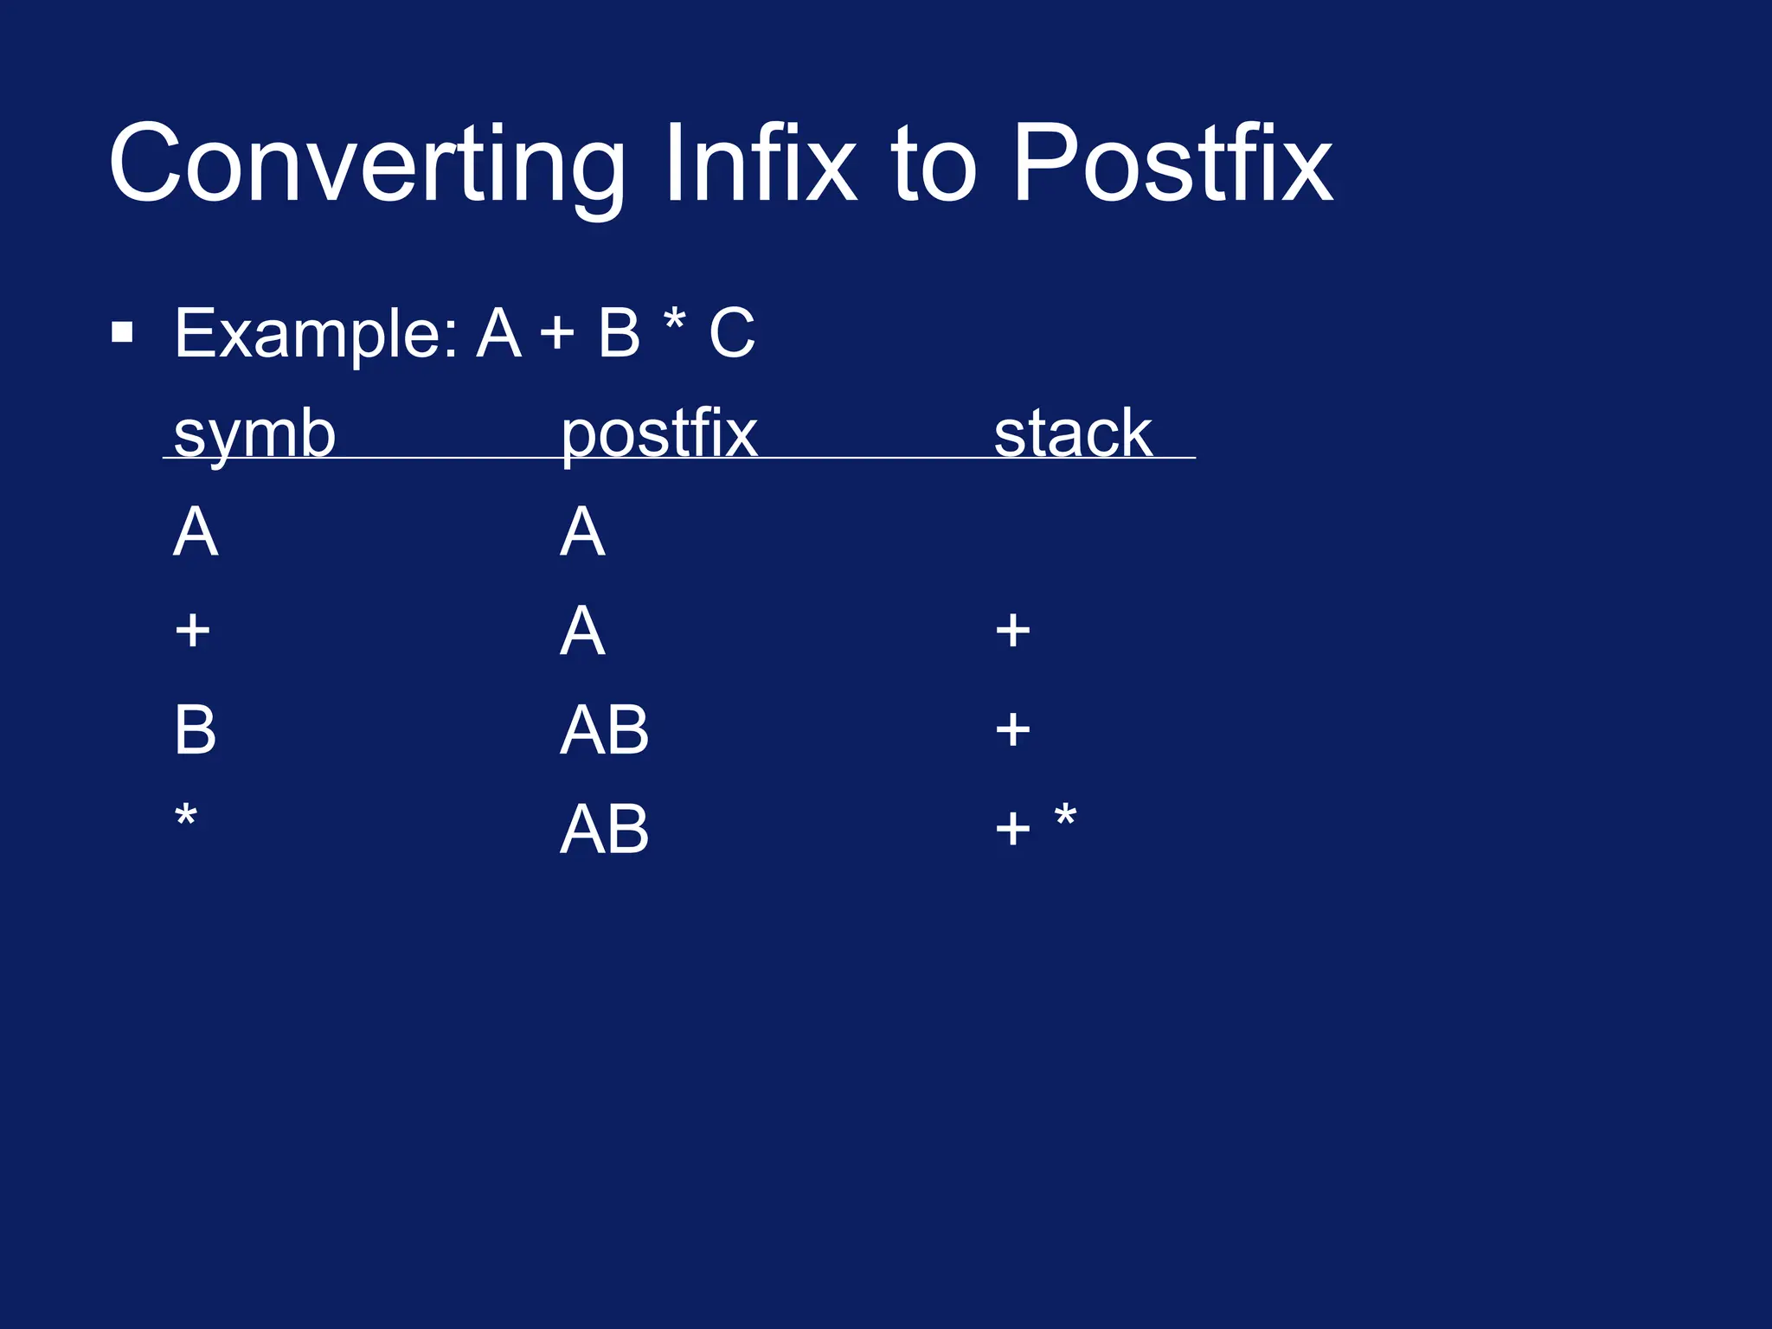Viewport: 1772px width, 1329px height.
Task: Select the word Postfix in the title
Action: click(x=1172, y=164)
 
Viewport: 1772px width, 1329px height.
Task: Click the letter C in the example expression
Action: click(x=732, y=333)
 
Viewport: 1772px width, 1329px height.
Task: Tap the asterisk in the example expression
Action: click(x=674, y=322)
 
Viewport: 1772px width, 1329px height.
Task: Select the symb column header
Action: click(x=254, y=434)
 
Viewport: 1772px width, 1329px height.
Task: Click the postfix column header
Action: click(x=659, y=434)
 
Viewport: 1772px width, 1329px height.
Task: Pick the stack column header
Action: click(x=1073, y=434)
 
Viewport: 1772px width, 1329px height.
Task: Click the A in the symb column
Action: click(x=196, y=532)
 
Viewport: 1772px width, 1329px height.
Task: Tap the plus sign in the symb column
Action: click(x=192, y=631)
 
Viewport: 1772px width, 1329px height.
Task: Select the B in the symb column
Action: click(x=195, y=730)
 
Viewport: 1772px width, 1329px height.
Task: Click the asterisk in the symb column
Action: click(x=186, y=816)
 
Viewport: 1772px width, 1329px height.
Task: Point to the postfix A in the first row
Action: click(x=581, y=532)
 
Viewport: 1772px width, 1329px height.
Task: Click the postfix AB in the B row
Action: click(x=604, y=730)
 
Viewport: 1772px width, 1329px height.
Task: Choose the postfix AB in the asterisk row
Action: click(x=604, y=830)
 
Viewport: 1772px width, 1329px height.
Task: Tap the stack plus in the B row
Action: click(x=1012, y=730)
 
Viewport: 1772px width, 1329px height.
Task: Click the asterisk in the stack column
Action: click(x=1065, y=816)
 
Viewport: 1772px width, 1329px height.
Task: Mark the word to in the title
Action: click(x=934, y=164)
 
